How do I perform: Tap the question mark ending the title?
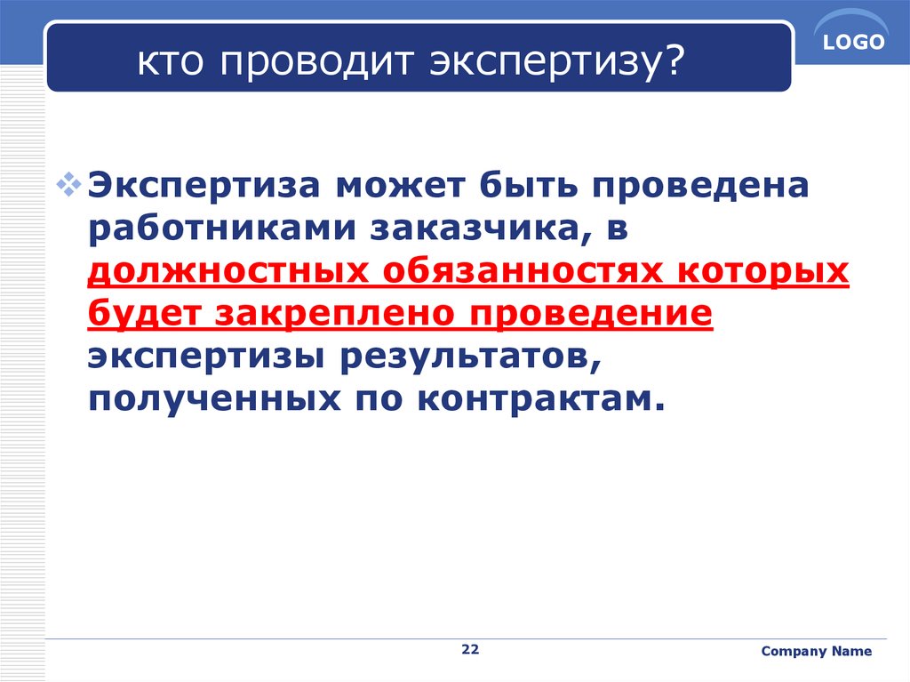pyautogui.click(x=674, y=60)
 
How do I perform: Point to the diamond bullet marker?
pyautogui.click(x=68, y=185)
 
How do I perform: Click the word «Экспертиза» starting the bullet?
pyautogui.click(x=204, y=187)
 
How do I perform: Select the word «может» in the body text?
pyautogui.click(x=401, y=186)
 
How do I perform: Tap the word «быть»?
pyautogui.click(x=528, y=185)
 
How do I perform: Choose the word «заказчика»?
pyautogui.click(x=475, y=229)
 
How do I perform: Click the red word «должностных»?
pyautogui.click(x=228, y=271)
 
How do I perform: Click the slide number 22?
pyautogui.click(x=470, y=649)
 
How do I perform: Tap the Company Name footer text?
pyautogui.click(x=816, y=651)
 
